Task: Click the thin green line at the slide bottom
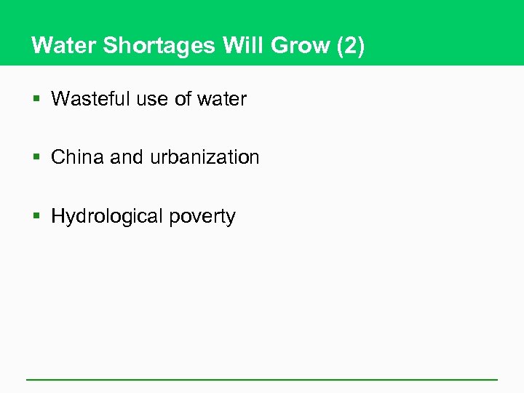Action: [262, 379]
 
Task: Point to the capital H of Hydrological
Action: [58, 216]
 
